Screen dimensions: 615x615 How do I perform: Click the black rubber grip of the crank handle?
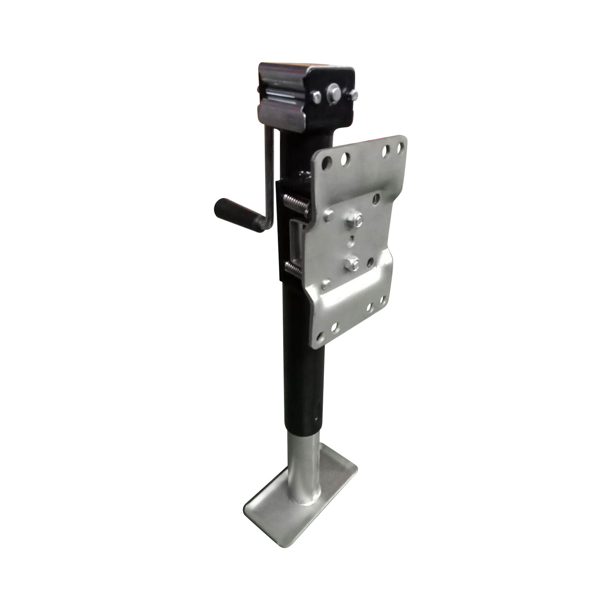click(237, 214)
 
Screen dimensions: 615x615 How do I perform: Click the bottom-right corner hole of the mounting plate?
click(384, 300)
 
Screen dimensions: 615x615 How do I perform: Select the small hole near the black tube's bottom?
click(316, 419)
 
